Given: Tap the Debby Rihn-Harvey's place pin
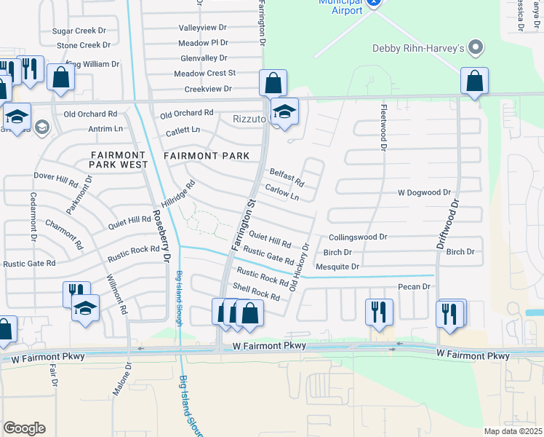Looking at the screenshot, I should [x=476, y=49].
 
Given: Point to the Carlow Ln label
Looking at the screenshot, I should [x=282, y=192].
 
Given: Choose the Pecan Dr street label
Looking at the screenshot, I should [x=415, y=287].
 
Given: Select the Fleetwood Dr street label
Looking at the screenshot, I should [x=382, y=127].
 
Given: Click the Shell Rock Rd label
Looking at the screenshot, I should [x=255, y=292].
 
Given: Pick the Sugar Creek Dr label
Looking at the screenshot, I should [x=79, y=31].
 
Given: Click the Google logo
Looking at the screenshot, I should [x=24, y=428].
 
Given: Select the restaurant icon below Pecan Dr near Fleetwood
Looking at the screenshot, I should [x=378, y=311].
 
